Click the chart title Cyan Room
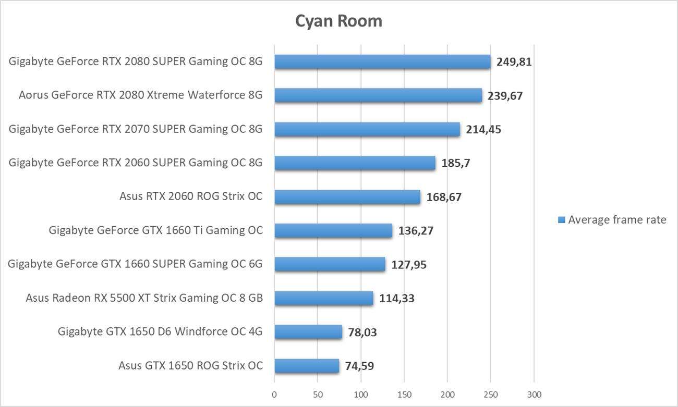[x=338, y=21]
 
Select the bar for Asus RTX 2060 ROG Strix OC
[x=347, y=197]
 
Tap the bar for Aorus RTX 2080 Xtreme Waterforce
[x=378, y=95]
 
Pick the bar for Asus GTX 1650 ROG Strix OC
[x=307, y=366]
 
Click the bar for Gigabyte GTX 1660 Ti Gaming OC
[x=333, y=230]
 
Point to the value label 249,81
[x=514, y=63]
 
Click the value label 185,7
[x=456, y=164]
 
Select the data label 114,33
[x=397, y=299]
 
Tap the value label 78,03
[x=362, y=332]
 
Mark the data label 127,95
[x=409, y=265]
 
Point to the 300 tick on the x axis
[x=534, y=393]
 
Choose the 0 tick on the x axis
[x=274, y=393]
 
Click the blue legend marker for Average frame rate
[x=561, y=220]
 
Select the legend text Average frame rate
[x=617, y=220]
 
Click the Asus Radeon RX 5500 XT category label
[x=144, y=298]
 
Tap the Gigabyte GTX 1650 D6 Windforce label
[x=160, y=331]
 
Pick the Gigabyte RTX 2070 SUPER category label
[x=136, y=129]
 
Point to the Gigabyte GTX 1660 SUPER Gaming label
[x=135, y=264]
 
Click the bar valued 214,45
[x=367, y=129]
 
